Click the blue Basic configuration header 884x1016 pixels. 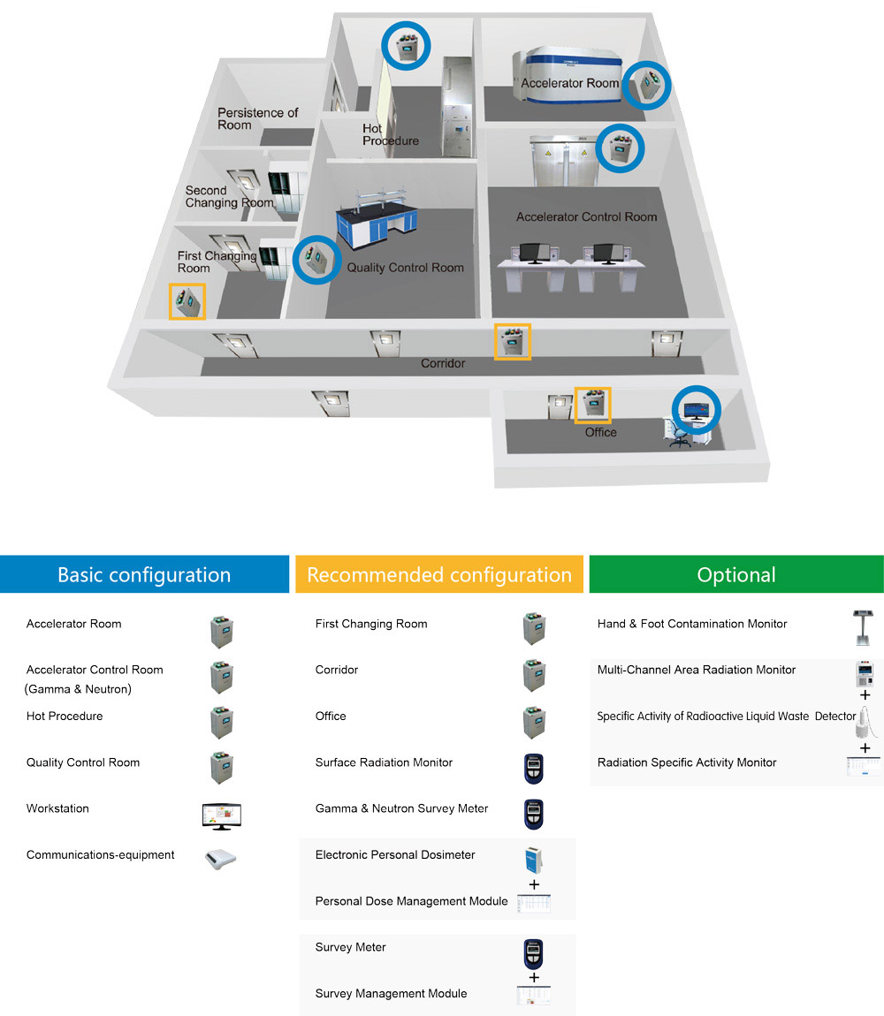[x=144, y=575]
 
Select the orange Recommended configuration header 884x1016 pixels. [x=439, y=575]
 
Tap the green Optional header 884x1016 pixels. [x=736, y=575]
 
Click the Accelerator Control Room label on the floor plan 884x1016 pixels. [x=586, y=216]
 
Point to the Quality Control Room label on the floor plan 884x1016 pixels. [x=405, y=268]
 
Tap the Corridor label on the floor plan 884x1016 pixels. [x=443, y=363]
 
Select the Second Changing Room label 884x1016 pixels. [x=229, y=196]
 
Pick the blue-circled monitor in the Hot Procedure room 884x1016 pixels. [x=406, y=46]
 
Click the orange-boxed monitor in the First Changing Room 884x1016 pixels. [x=187, y=301]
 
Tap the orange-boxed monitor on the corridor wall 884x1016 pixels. [x=513, y=341]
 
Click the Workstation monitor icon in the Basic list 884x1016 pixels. [x=221, y=815]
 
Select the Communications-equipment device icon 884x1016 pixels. [x=220, y=858]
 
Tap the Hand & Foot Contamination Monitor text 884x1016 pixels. [x=692, y=624]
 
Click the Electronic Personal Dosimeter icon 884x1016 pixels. [x=532, y=860]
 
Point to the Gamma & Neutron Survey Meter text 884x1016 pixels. [x=401, y=808]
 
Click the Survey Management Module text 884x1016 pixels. [x=391, y=993]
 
